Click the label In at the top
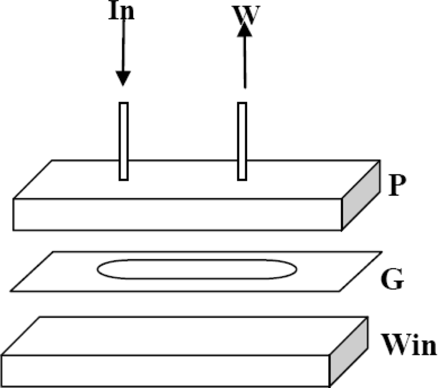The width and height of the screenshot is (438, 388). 121,10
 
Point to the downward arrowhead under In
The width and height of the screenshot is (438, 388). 123,78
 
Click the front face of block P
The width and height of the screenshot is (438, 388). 178,214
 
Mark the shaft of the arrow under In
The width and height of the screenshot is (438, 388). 123,47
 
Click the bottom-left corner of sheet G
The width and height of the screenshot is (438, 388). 12,291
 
